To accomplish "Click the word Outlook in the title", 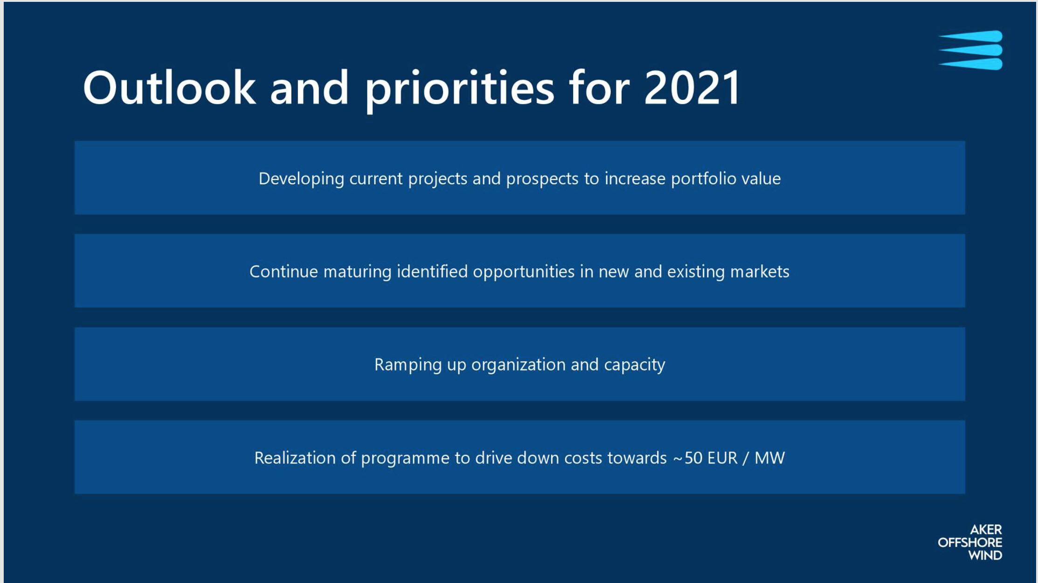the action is [169, 87].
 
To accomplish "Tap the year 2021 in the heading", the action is [692, 87].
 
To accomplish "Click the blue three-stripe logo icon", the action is [970, 50].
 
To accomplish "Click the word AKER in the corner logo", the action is [986, 530].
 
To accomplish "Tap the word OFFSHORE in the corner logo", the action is [970, 542].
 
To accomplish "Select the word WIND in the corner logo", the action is [985, 555].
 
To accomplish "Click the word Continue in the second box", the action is [284, 271].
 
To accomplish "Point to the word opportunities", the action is [524, 272].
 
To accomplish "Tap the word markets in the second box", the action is [760, 271].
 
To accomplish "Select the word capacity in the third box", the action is [635, 365].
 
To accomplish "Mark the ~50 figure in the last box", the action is [688, 458].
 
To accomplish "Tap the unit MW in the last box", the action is [770, 458].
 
